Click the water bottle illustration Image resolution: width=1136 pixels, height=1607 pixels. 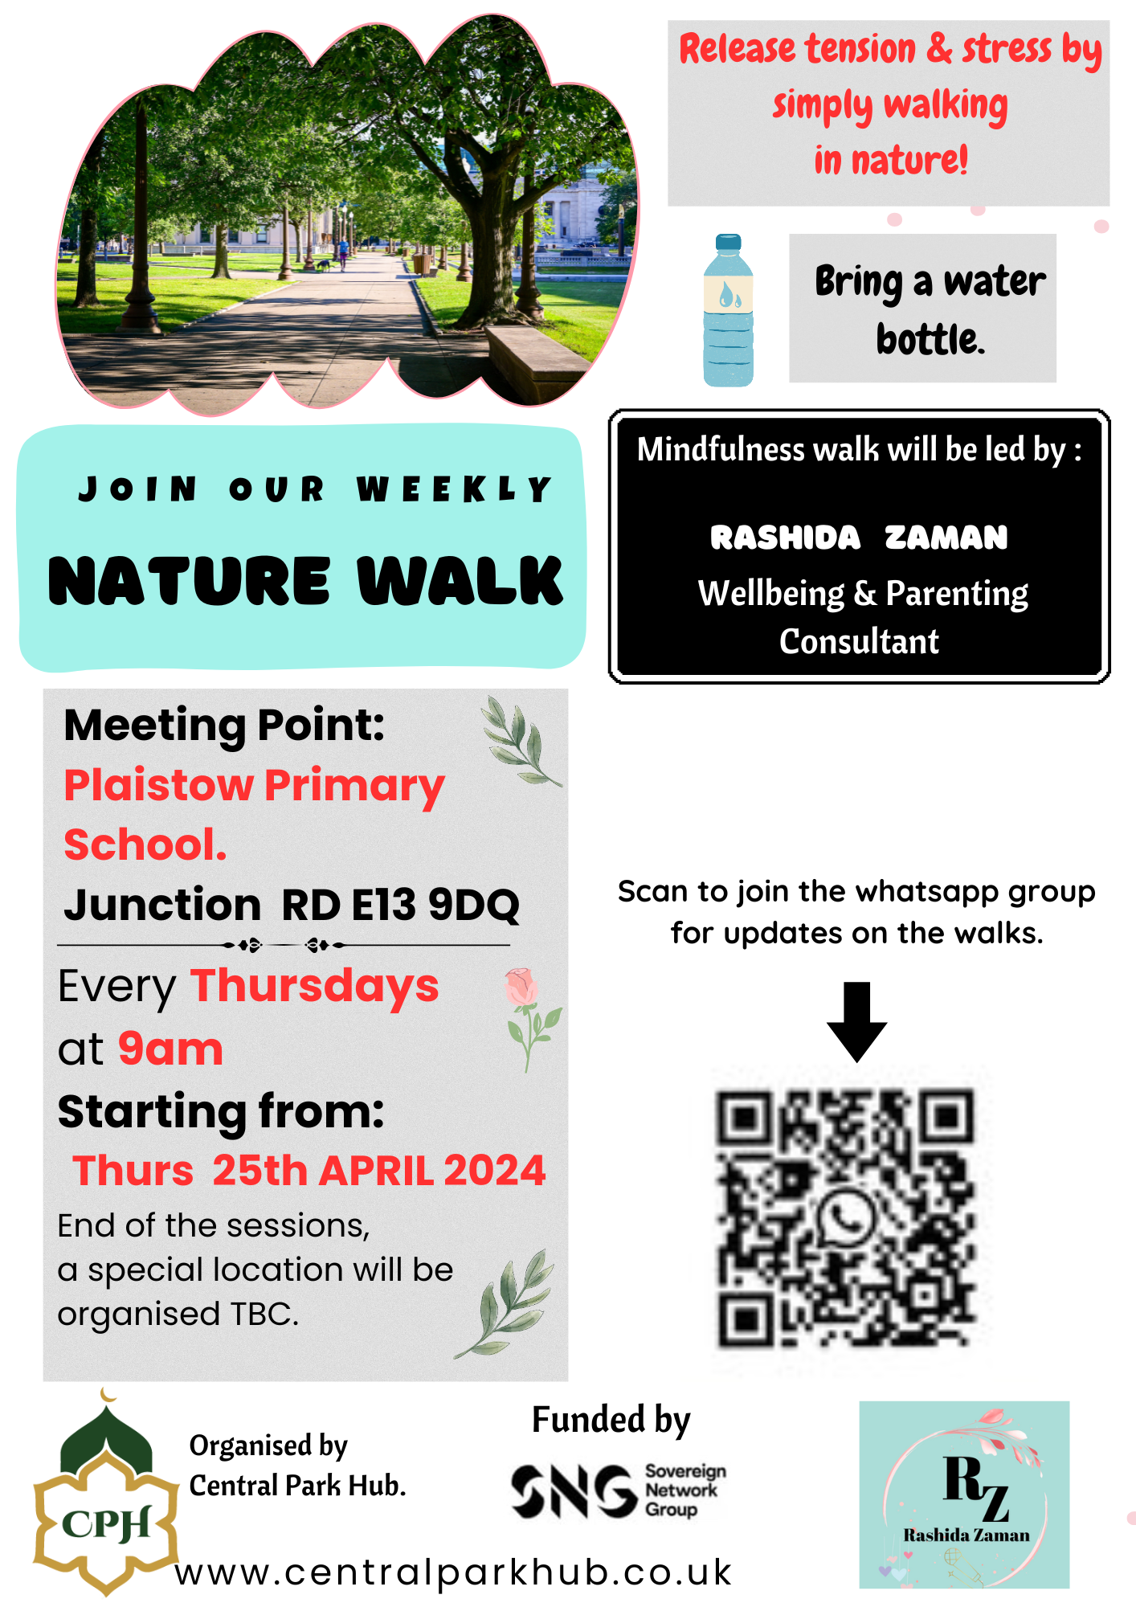[x=728, y=310]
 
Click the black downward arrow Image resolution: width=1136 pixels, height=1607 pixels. [x=857, y=1021]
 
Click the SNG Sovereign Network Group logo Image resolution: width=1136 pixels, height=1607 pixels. [x=619, y=1490]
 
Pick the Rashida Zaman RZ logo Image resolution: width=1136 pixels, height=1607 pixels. [x=964, y=1495]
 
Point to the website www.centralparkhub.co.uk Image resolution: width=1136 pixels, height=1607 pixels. [x=453, y=1572]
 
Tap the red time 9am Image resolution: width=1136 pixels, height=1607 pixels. [x=170, y=1049]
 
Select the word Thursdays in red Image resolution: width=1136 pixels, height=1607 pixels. [x=315, y=987]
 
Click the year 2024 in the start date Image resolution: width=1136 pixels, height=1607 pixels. [x=494, y=1170]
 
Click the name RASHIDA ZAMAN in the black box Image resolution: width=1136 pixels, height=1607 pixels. [x=859, y=538]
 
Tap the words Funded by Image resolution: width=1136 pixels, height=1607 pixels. [x=611, y=1420]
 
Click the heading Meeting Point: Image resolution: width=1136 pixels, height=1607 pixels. [x=225, y=726]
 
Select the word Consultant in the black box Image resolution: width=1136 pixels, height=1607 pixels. [x=859, y=641]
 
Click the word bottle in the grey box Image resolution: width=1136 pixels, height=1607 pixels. [x=930, y=339]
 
